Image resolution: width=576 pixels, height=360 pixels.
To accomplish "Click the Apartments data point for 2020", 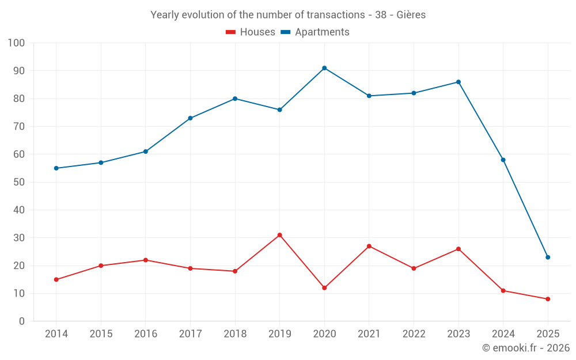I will [324, 68].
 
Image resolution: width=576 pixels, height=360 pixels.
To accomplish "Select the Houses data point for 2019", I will [280, 235].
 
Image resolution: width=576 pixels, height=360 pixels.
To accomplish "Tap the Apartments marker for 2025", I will [548, 257].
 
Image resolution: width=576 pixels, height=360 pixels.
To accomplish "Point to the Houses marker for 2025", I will [548, 299].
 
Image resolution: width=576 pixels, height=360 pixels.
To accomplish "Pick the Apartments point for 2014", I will [56, 168].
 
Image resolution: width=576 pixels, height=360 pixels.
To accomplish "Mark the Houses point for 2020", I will [324, 288].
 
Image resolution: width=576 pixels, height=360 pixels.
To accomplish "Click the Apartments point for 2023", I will [458, 82].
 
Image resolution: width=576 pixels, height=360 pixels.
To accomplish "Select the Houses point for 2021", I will [369, 246].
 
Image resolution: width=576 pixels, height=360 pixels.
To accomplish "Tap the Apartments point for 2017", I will [190, 118].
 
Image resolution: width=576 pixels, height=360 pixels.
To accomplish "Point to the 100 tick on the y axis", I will [17, 43].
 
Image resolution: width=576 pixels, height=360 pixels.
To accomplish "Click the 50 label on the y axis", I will [19, 182].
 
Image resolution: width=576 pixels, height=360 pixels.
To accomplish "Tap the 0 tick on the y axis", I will [22, 321].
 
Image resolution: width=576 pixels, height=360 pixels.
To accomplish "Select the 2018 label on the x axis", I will [235, 334].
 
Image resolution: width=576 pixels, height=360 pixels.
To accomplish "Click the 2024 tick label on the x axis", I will [503, 334].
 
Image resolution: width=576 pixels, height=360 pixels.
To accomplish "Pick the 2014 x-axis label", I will [56, 334].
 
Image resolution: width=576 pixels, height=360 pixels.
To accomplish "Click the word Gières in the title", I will [411, 15].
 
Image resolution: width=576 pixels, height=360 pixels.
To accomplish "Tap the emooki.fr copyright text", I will [525, 348].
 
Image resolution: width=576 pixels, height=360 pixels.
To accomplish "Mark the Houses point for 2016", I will [146, 260].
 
